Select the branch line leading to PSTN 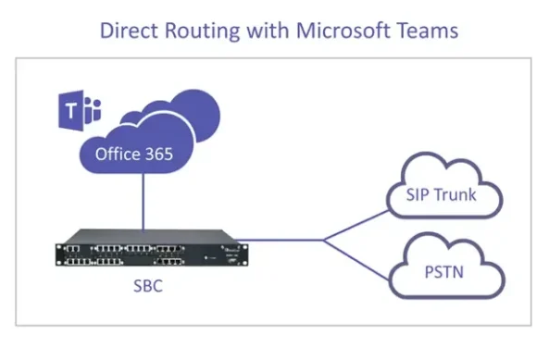point(356,259)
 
